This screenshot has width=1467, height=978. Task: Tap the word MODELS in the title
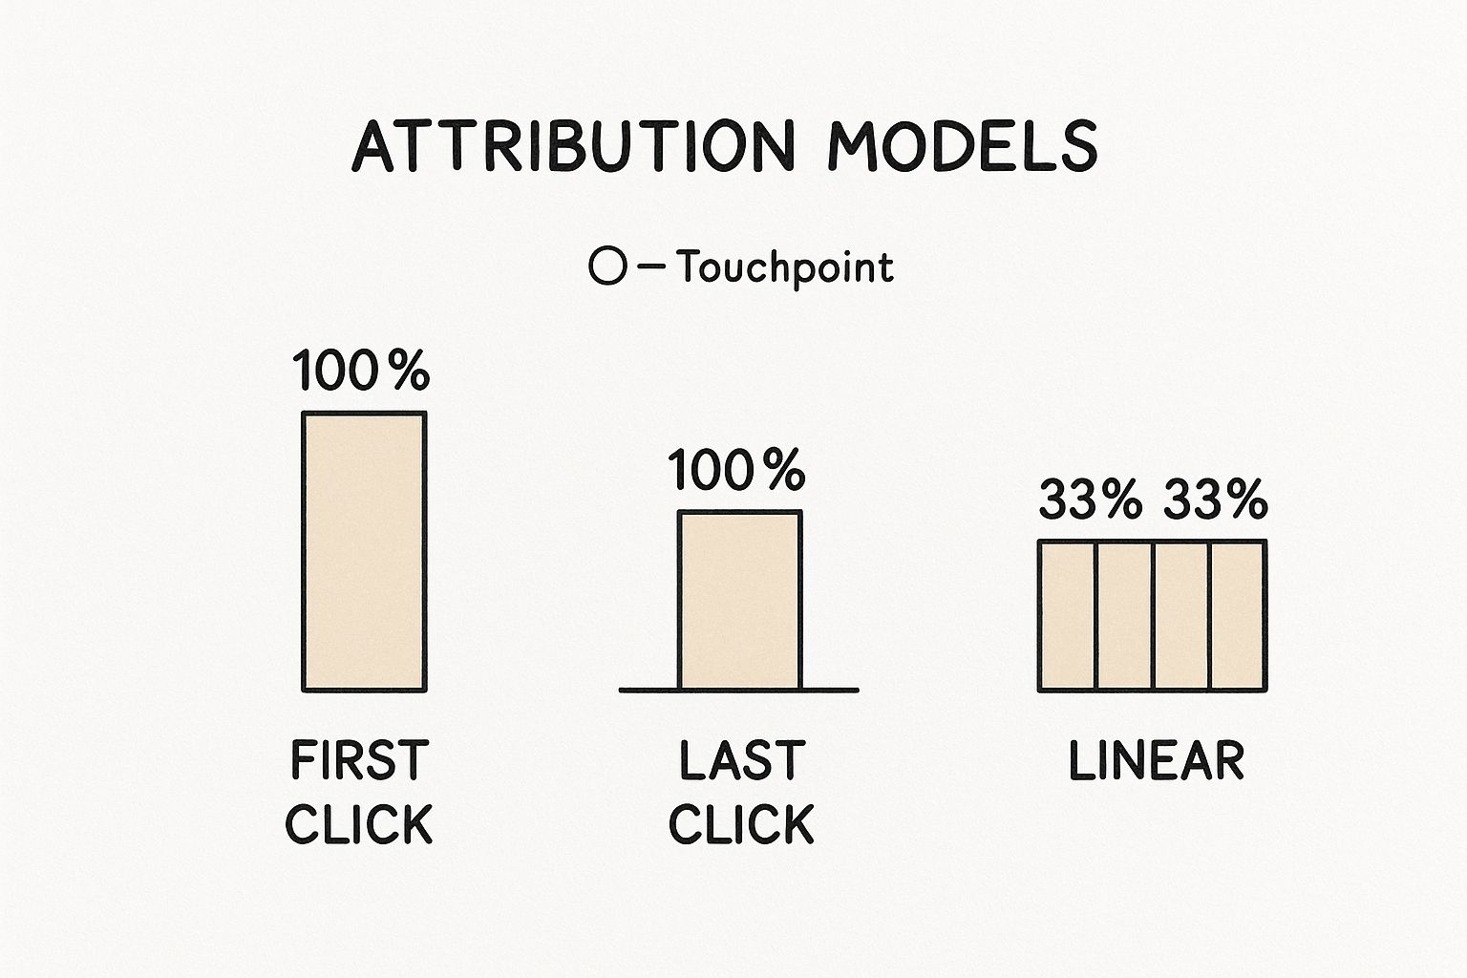pos(962,146)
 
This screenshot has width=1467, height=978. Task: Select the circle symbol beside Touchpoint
pos(607,266)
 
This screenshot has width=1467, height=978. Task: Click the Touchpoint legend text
pos(785,267)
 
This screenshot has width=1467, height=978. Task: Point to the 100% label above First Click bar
pos(361,371)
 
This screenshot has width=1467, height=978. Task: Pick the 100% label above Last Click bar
pos(736,471)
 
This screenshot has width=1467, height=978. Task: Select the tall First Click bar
pos(364,551)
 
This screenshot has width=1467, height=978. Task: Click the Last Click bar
pos(739,600)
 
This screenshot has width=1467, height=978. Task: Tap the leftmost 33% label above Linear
pos(1090,500)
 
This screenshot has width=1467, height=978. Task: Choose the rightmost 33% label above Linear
pos(1216,500)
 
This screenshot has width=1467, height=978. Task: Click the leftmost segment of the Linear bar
pos(1068,615)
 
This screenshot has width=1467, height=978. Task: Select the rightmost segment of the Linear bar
pos(1238,615)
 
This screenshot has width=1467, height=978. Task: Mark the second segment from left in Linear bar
pos(1125,615)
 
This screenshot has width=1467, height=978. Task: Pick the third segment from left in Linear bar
pos(1182,615)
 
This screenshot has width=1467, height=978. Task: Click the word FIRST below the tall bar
pos(359,761)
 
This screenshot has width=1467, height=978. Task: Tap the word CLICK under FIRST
pos(359,824)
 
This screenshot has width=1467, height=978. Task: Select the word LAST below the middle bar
pos(741,761)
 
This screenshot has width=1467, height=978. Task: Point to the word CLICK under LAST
pos(741,824)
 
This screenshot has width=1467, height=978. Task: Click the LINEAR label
pos(1156,761)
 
